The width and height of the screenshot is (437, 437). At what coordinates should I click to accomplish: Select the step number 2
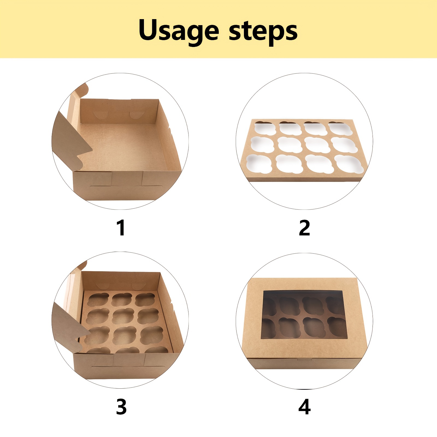point(305,228)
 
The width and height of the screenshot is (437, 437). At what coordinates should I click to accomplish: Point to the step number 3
point(121,407)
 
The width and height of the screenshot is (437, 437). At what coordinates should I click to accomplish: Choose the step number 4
point(305,407)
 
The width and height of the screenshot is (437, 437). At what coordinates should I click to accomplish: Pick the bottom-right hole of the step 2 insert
point(349,164)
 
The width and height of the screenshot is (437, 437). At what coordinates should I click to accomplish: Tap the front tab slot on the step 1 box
point(127,187)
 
